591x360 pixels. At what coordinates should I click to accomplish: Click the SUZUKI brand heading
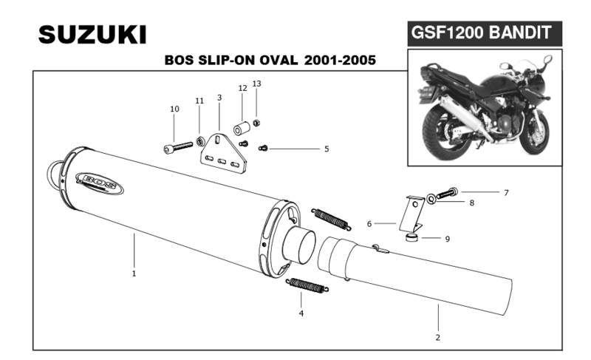[92, 34]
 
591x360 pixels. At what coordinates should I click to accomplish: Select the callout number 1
[134, 274]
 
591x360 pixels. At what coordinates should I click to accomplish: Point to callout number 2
[437, 337]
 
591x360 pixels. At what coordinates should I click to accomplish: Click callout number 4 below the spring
[301, 314]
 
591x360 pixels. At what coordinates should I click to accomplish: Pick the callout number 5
[326, 149]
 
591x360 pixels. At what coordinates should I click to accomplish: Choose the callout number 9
[447, 239]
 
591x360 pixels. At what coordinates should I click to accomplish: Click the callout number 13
[256, 84]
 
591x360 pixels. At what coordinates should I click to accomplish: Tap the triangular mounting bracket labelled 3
[221, 150]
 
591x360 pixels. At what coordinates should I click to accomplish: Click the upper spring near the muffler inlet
[330, 217]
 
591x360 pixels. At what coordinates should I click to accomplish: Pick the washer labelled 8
[430, 198]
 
